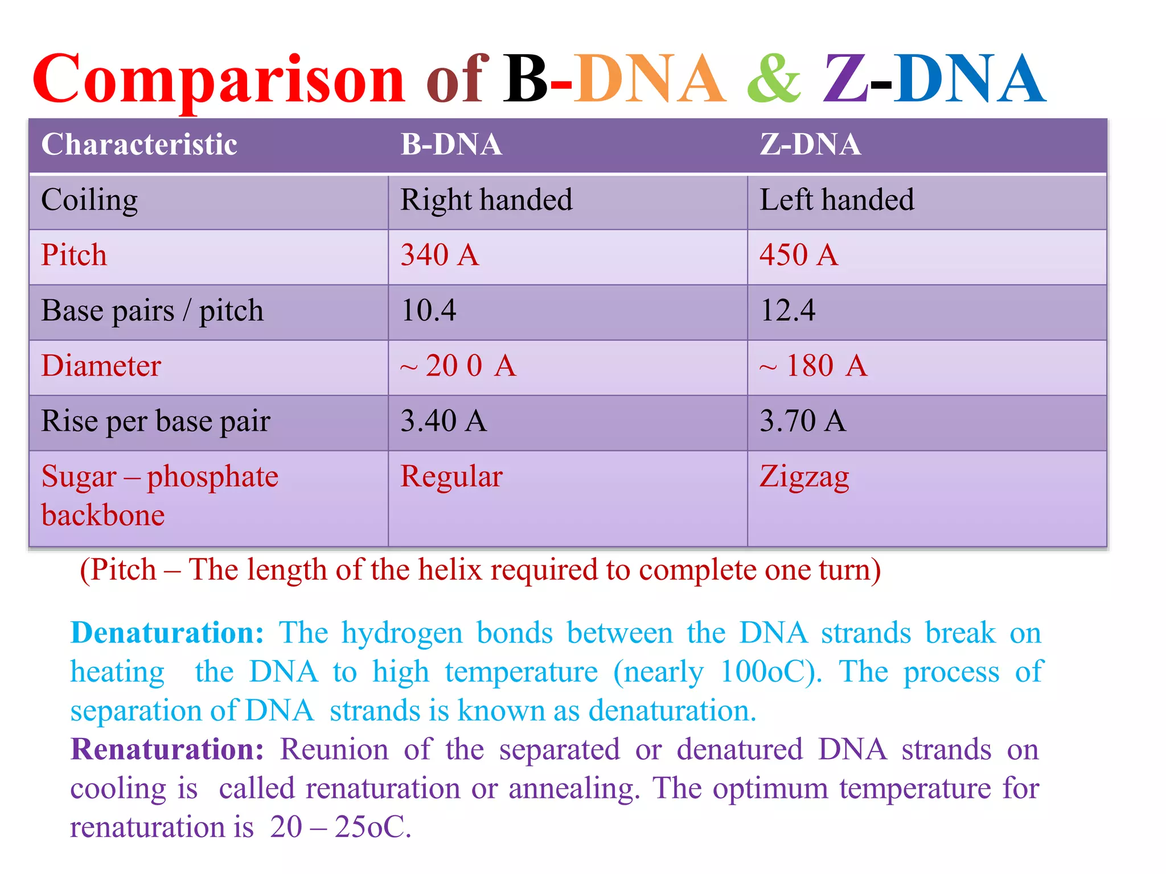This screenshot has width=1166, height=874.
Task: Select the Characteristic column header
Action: [139, 145]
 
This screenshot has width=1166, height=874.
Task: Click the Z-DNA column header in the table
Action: [810, 145]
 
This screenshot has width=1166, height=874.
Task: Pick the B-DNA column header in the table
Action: [451, 145]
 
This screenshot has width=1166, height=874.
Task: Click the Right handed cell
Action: [486, 200]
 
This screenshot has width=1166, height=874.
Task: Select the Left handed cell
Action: [836, 200]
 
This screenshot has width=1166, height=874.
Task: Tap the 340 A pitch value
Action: [440, 255]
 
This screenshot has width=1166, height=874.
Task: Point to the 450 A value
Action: [799, 255]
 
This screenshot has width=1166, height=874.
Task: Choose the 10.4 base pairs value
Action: [428, 311]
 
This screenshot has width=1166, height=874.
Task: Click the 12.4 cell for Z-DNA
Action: [787, 311]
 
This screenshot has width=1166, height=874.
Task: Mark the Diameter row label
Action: [101, 366]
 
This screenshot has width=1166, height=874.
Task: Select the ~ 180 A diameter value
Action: [813, 366]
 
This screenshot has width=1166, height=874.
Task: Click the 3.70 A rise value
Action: [802, 421]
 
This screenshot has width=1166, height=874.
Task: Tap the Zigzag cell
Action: [804, 477]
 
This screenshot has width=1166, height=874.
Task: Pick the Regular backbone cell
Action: [451, 477]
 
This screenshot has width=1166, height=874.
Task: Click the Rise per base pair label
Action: [155, 422]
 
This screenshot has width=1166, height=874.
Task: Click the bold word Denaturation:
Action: [167, 633]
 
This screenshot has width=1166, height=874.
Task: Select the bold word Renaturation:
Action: [167, 749]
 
